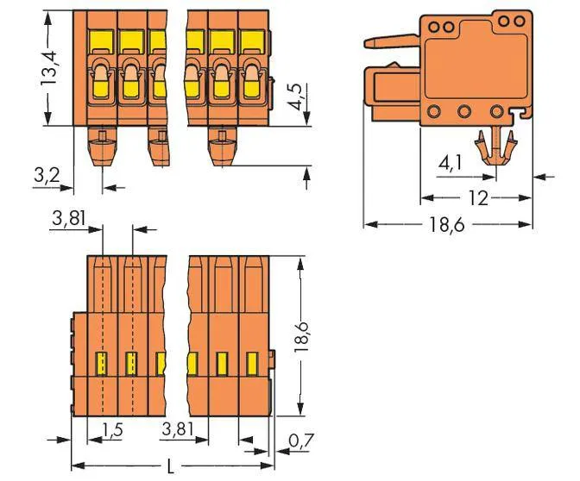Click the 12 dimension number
tap(476, 198)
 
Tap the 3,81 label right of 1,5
tap(179, 428)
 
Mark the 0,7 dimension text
tap(299, 441)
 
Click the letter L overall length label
tap(171, 467)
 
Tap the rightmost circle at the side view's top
tap(518, 20)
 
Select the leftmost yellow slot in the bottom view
tap(100, 363)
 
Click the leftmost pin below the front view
tap(102, 142)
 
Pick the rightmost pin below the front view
tap(222, 142)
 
